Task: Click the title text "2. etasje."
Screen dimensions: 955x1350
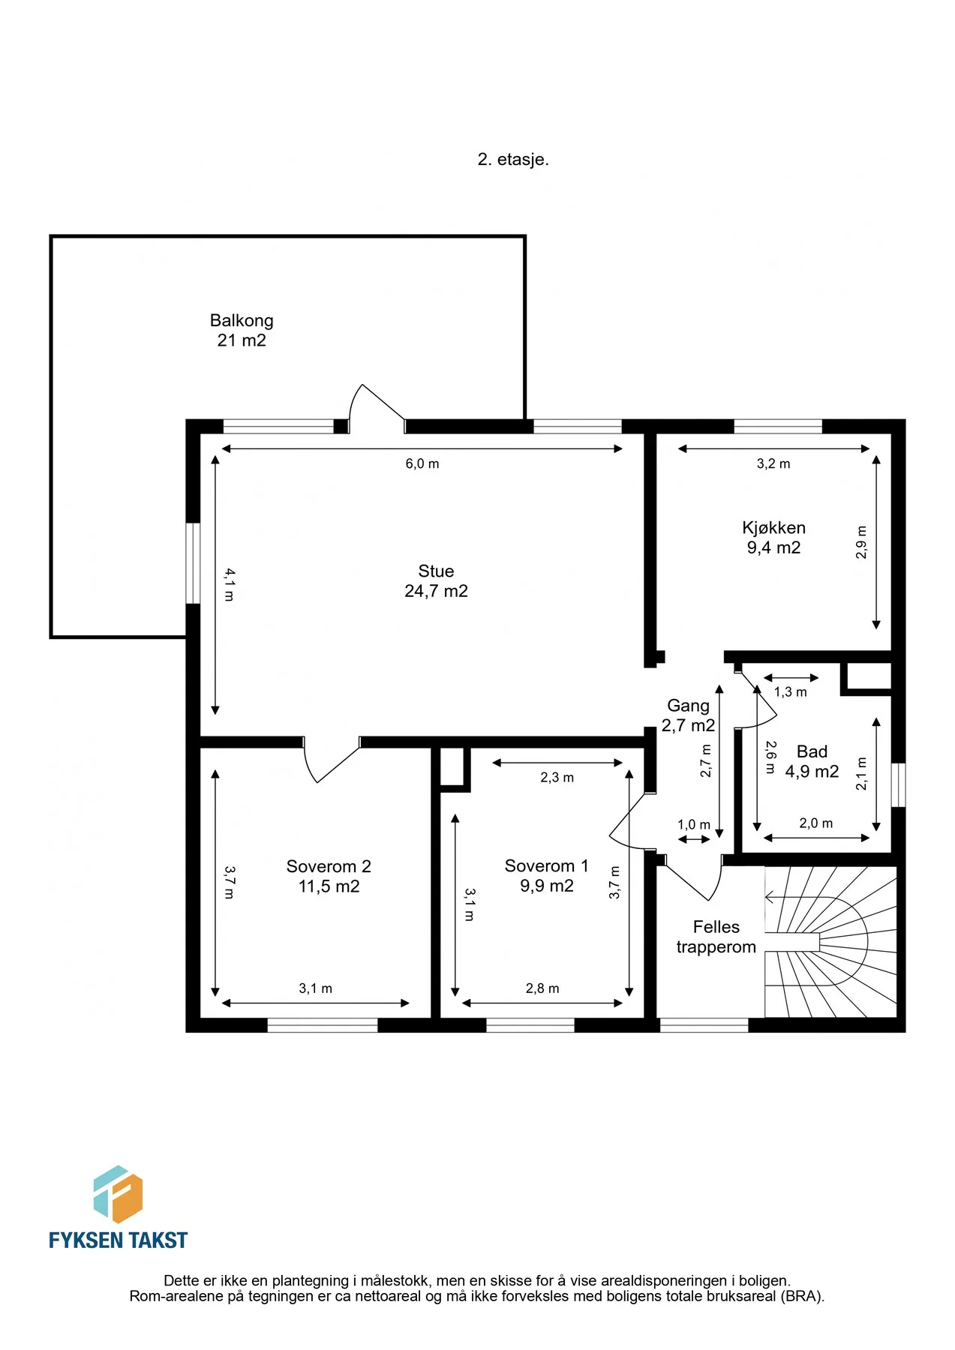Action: click(513, 159)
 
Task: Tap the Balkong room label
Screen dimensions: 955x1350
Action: click(242, 330)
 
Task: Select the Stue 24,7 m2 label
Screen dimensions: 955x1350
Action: click(436, 581)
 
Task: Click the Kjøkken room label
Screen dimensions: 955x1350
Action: click(773, 538)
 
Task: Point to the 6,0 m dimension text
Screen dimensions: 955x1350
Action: click(422, 463)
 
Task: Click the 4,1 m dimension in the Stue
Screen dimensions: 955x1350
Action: click(230, 584)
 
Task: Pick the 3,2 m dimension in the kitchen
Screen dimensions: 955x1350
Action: click(773, 463)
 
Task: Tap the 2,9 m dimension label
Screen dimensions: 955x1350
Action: click(861, 542)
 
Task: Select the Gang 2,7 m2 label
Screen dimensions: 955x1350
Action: click(688, 715)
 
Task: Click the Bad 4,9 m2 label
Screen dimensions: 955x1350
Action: click(812, 761)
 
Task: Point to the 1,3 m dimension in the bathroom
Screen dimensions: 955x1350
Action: click(791, 692)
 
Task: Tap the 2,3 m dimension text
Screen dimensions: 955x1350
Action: click(557, 778)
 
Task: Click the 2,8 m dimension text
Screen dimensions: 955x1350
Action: click(542, 988)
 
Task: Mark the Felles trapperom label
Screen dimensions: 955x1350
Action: click(716, 937)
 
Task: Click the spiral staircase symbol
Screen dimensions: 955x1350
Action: click(830, 942)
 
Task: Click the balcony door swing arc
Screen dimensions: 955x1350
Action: click(352, 405)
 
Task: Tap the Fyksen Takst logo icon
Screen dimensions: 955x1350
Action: click(118, 1194)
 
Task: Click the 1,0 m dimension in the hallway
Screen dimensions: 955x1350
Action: click(694, 825)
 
